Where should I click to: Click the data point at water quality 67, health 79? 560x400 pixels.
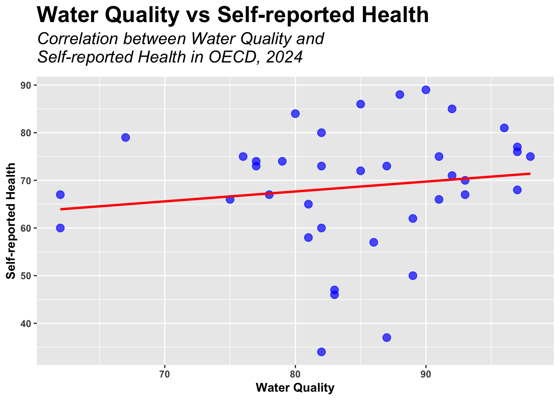(125, 137)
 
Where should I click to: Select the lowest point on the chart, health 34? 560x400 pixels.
(321, 352)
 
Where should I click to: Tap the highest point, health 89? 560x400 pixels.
(426, 90)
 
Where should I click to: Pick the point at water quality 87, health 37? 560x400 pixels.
(387, 337)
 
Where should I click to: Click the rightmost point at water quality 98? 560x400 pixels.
(530, 157)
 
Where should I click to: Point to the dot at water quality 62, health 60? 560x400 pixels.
(60, 228)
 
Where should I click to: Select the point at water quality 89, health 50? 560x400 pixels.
(413, 276)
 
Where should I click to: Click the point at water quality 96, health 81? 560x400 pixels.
(504, 128)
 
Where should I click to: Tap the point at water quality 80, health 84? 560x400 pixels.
(295, 114)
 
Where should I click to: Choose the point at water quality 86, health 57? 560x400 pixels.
(374, 242)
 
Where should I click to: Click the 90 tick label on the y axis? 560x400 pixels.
(27, 85)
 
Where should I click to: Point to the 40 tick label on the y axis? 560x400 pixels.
(27, 324)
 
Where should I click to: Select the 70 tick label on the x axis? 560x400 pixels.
(165, 373)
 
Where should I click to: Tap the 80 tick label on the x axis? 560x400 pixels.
(295, 373)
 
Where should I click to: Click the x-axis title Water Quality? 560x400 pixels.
(295, 388)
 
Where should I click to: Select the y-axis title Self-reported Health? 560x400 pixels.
(11, 221)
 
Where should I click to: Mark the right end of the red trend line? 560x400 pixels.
(530, 173)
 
